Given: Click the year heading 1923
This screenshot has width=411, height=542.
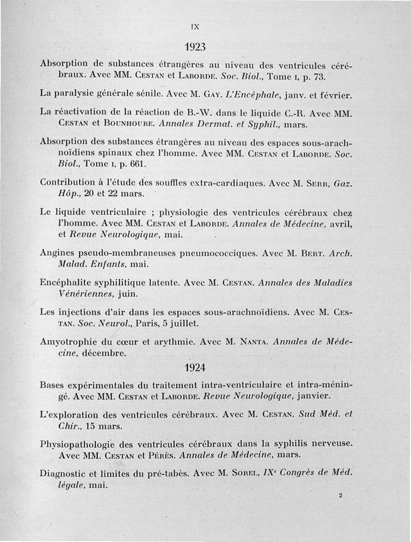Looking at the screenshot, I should tap(195, 47).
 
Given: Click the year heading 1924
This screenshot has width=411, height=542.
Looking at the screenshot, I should tap(195, 368).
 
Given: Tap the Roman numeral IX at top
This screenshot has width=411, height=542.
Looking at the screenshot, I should tap(195, 24).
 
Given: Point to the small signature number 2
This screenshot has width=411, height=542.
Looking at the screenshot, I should tap(340, 496).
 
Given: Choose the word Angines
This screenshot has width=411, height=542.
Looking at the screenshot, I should tap(58, 253).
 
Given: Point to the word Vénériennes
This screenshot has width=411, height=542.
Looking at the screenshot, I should tap(85, 294).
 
